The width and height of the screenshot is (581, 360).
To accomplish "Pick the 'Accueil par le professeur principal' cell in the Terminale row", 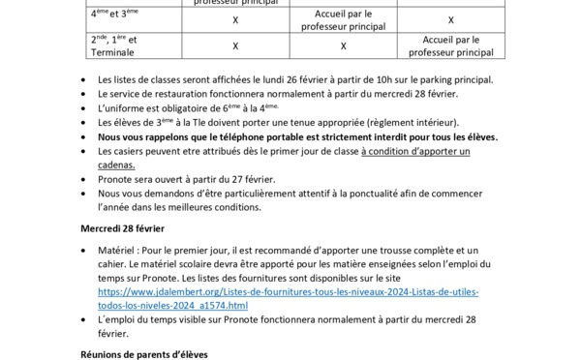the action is [x=450, y=45].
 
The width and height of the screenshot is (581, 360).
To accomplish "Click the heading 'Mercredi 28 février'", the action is [x=123, y=228].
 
